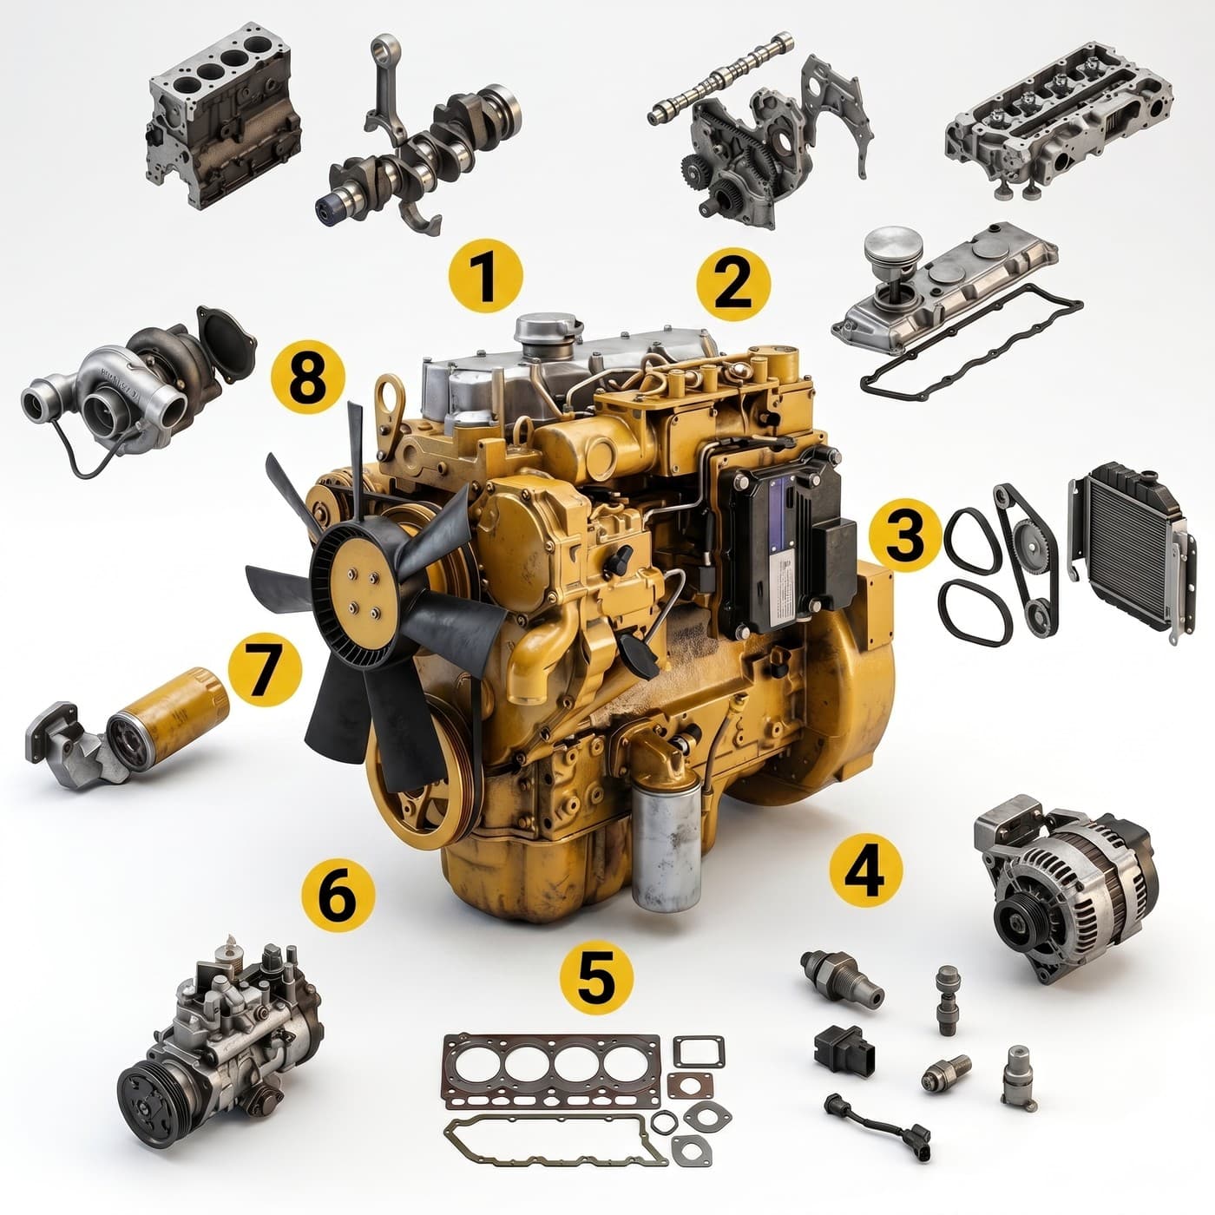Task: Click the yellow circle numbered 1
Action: [x=485, y=275]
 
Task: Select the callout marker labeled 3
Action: [x=905, y=535]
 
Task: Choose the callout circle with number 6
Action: [x=338, y=895]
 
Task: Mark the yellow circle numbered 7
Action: [x=265, y=669]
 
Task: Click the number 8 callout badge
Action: [x=308, y=378]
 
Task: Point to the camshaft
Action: [x=719, y=80]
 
